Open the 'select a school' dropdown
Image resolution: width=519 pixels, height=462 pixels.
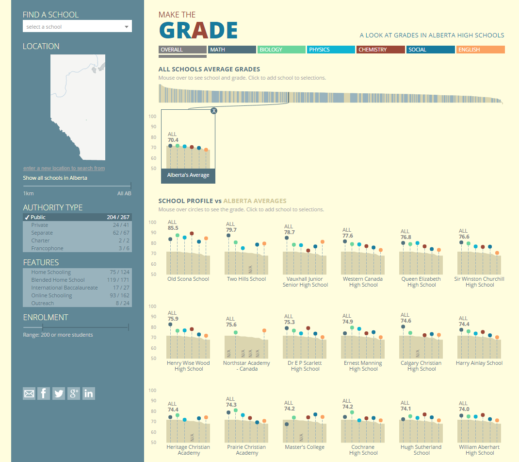(x=77, y=27)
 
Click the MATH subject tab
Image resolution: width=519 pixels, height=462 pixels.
(x=232, y=50)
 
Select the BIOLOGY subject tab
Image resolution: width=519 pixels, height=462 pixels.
(x=281, y=50)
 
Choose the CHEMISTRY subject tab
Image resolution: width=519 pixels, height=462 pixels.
(x=380, y=50)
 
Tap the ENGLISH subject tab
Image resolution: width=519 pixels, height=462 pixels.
(x=480, y=50)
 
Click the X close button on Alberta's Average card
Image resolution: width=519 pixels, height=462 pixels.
(x=214, y=111)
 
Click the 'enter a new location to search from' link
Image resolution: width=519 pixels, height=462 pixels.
(x=64, y=168)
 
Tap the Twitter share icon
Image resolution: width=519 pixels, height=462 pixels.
(x=59, y=394)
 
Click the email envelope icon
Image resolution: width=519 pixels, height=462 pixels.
(x=29, y=394)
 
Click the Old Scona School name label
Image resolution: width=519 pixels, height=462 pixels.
(x=188, y=279)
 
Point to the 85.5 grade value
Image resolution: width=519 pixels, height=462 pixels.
(x=173, y=228)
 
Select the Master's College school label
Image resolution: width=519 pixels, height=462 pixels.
(x=305, y=447)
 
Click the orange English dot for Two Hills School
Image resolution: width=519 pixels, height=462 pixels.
(x=264, y=243)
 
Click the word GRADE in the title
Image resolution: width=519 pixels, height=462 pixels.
(x=198, y=31)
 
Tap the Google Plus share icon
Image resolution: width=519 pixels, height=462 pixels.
(x=73, y=394)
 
